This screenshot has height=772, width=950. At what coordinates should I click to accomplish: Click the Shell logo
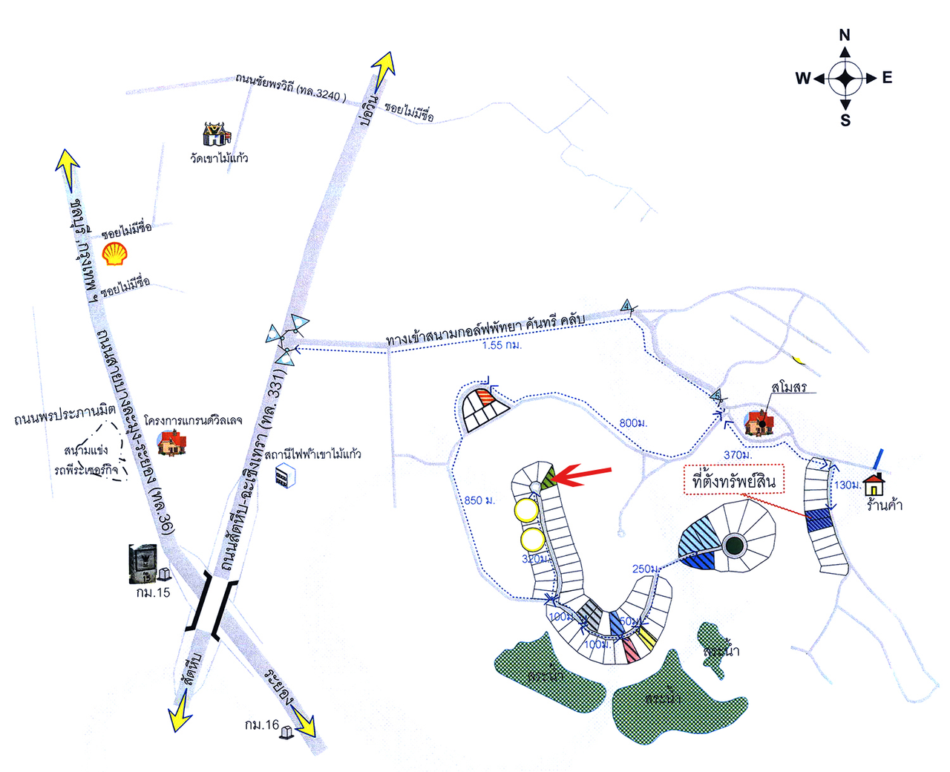(x=114, y=253)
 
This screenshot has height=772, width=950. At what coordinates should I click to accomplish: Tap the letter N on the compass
(x=845, y=35)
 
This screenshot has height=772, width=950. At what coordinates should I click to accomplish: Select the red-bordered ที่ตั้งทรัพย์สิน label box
(x=733, y=482)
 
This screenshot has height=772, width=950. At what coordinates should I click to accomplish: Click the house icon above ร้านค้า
(x=874, y=484)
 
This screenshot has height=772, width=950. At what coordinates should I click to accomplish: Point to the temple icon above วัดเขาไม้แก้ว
(x=217, y=134)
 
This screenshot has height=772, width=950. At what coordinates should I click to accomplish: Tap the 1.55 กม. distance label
(x=502, y=345)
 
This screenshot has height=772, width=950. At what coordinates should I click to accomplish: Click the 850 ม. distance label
(x=479, y=500)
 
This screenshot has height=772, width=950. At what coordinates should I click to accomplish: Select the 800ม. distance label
(x=633, y=423)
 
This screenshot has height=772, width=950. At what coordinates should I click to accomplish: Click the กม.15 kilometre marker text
(x=153, y=592)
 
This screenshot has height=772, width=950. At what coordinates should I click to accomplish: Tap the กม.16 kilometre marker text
(x=261, y=724)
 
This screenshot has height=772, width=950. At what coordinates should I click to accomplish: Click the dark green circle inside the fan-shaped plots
(x=734, y=545)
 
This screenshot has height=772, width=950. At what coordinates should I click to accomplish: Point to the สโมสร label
(x=789, y=387)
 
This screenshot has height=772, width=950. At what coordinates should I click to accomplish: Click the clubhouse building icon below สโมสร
(x=759, y=422)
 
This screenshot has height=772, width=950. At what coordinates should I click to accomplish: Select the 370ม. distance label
(x=737, y=454)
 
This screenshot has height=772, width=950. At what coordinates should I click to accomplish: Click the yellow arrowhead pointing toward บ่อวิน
(x=384, y=68)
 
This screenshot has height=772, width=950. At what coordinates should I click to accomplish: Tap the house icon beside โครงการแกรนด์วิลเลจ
(x=171, y=442)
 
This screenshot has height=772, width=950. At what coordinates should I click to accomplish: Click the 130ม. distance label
(x=847, y=485)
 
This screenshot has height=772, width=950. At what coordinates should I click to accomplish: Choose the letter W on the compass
(x=803, y=78)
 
